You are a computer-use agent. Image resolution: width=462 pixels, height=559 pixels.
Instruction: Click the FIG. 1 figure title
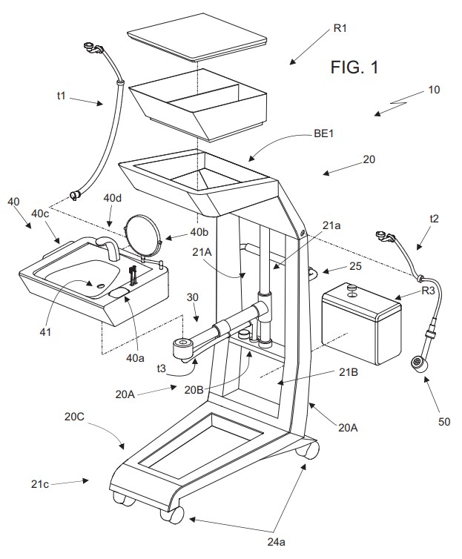pos(354,67)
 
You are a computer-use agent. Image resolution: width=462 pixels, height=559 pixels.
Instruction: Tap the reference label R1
pos(340,28)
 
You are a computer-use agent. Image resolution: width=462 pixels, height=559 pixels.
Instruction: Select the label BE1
pos(323,134)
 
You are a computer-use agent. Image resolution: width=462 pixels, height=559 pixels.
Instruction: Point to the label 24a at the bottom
pos(276,542)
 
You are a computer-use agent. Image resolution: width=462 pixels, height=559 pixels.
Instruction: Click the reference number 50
pos(444,422)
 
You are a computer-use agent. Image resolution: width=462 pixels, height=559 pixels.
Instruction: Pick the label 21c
pos(39,484)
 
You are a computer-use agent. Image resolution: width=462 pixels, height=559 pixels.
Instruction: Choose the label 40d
pos(112,197)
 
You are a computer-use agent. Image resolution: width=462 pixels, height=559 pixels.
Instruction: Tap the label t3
pos(161,368)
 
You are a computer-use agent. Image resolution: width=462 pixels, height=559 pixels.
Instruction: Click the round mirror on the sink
pos(143,236)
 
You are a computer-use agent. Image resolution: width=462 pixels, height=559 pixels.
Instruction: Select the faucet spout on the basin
pos(109,248)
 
